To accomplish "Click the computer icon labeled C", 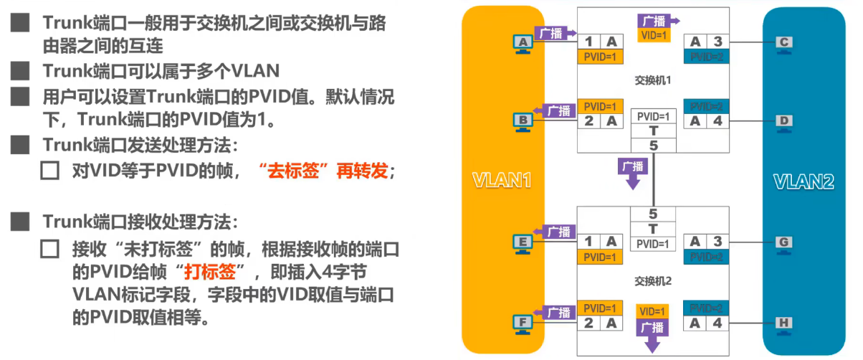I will point(784,43).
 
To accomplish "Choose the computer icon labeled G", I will point(784,243).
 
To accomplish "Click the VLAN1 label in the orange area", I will point(501,181).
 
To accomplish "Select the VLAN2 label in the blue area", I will point(804,181).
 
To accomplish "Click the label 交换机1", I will point(652,80).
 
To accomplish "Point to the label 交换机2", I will point(652,280).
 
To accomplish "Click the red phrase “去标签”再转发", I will point(326,171).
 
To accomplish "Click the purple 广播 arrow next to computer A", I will point(556,32).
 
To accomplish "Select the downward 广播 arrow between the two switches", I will point(633,173).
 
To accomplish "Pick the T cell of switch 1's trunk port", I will point(653,131).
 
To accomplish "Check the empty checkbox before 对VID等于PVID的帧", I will point(50,171).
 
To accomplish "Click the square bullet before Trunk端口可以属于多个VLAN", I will point(20,71).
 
